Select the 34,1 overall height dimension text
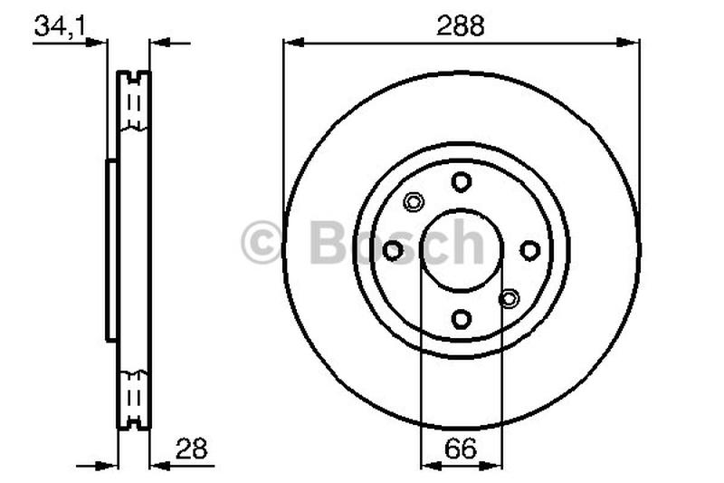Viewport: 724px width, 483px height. pos(60,27)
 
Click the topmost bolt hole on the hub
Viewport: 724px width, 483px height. pos(462,181)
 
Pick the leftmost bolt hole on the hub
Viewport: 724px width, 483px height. pos(393,250)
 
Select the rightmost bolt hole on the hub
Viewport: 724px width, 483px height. pos(530,250)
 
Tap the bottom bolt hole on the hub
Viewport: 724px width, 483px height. pos(462,319)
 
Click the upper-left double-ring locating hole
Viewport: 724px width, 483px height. pos(414,202)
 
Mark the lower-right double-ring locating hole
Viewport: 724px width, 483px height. pos(510,298)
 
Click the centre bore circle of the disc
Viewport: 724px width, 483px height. pos(462,250)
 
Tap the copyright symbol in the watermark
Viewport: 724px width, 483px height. pos(262,244)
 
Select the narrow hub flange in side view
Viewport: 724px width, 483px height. pos(111,250)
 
